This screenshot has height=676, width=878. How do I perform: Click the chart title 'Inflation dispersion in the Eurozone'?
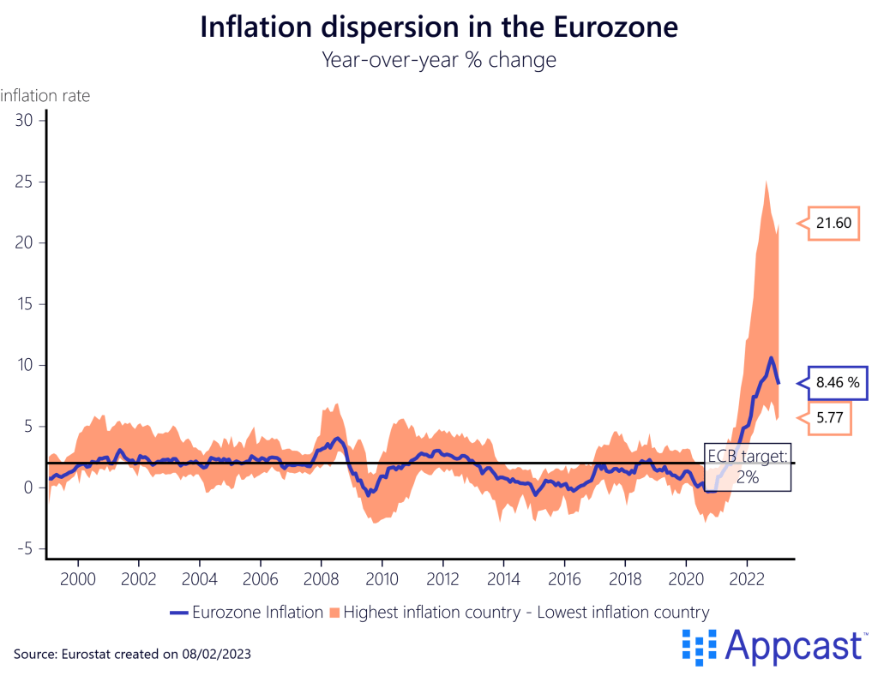pyautogui.click(x=439, y=27)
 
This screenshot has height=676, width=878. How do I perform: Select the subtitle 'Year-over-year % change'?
pyautogui.click(x=438, y=60)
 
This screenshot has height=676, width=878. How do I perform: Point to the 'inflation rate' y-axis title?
pyautogui.click(x=45, y=96)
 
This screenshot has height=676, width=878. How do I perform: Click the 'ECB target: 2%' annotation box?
pyautogui.click(x=747, y=467)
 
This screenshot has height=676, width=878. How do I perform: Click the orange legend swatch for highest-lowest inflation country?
pyautogui.click(x=334, y=612)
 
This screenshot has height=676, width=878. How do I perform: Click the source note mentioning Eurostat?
pyautogui.click(x=133, y=653)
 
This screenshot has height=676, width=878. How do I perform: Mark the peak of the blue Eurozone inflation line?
pyautogui.click(x=772, y=357)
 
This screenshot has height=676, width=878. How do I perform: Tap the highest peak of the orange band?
pyautogui.click(x=765, y=182)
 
